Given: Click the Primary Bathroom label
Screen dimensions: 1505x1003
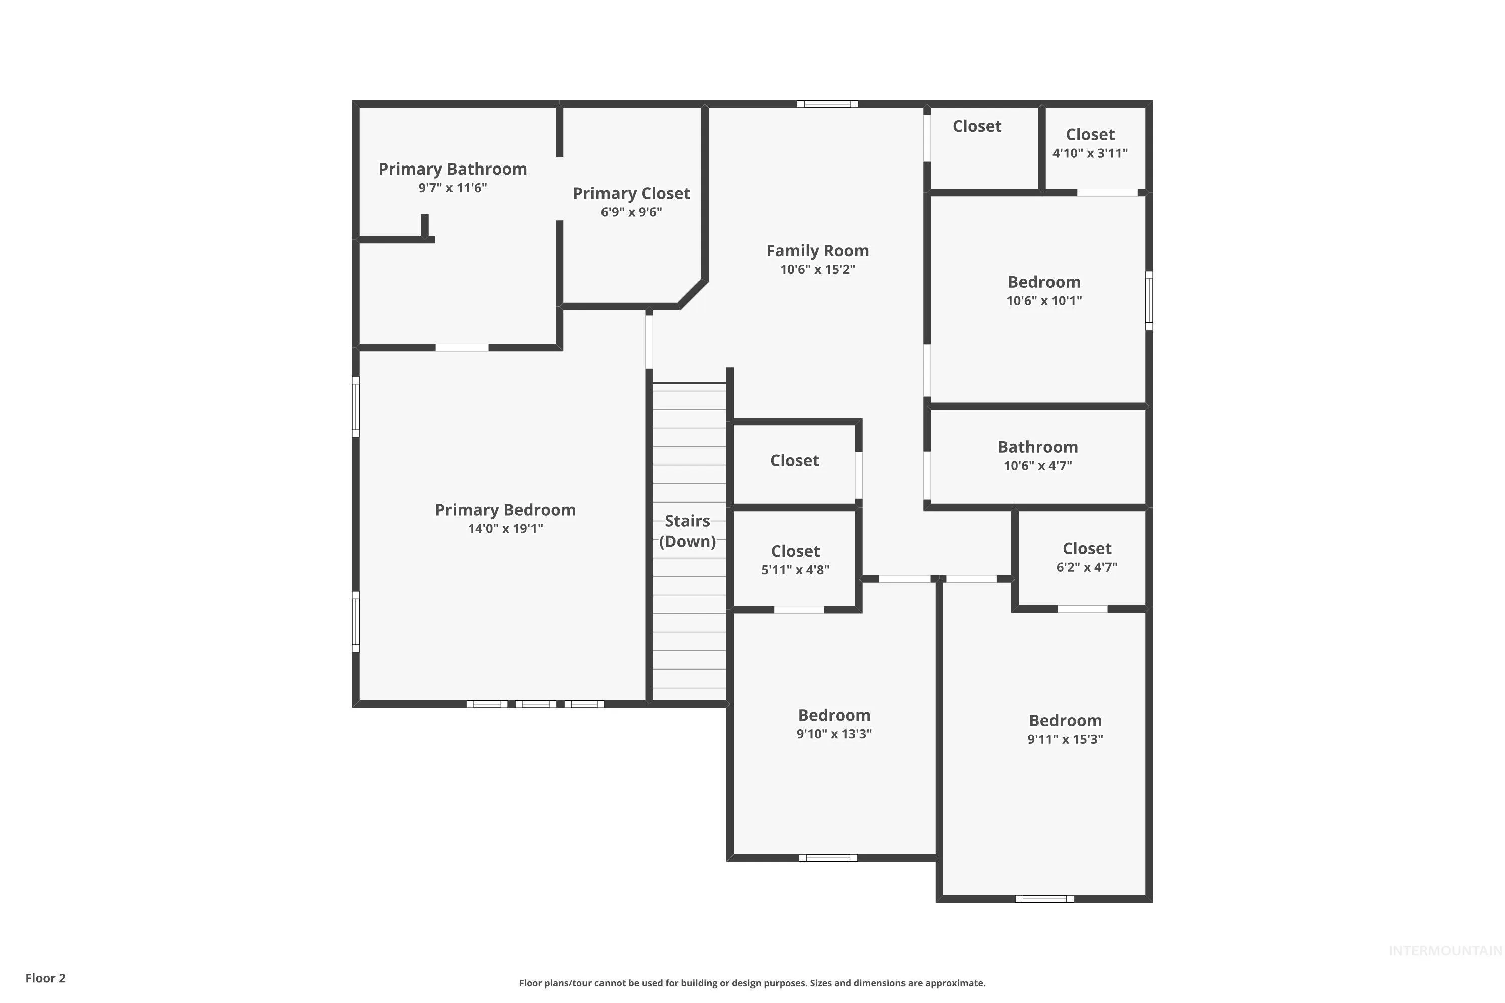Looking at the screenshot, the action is [453, 170].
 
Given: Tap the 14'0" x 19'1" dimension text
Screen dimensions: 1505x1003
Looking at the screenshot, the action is [506, 529].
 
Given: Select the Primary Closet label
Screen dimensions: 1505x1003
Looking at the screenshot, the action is [632, 194].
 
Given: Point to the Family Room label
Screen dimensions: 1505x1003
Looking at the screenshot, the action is [818, 251].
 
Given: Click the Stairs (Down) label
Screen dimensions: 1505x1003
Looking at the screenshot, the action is [688, 531].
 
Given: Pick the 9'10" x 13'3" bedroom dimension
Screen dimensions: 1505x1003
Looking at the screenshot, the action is [834, 734].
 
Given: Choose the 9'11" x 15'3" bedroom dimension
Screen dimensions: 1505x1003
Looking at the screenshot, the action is [1066, 739].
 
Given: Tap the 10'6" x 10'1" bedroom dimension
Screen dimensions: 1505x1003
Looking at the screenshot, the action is [1044, 300].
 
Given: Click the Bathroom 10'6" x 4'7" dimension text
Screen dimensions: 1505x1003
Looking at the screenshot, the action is [1038, 466].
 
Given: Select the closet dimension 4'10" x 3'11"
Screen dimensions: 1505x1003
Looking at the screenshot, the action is [1090, 153].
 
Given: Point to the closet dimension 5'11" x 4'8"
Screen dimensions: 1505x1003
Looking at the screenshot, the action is [795, 570].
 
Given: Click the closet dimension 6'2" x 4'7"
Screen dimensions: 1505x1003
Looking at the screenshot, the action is [1087, 567].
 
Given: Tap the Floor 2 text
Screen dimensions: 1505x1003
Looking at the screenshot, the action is [46, 978].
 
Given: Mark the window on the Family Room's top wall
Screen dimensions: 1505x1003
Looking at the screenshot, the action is [827, 104].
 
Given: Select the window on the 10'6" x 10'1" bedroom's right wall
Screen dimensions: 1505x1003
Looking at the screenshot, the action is [1149, 300].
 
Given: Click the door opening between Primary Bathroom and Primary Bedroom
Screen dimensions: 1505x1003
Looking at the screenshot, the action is [462, 348].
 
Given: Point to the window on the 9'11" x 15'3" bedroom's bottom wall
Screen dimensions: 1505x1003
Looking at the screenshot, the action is [1045, 899].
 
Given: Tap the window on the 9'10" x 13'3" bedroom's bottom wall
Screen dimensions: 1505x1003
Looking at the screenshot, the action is [828, 858].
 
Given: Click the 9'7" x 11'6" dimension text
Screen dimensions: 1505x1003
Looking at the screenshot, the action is [453, 188].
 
